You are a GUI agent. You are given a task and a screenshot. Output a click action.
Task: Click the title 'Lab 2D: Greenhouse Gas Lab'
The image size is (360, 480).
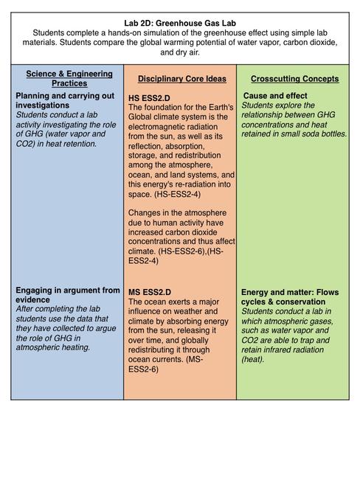180,24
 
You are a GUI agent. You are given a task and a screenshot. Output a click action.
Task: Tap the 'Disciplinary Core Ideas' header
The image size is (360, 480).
181,79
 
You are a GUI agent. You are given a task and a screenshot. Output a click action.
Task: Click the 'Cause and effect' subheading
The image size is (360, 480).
277,96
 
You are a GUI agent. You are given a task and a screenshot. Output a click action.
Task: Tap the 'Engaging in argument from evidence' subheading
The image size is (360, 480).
67,295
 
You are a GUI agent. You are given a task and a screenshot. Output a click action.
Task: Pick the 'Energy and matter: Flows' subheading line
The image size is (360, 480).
290,292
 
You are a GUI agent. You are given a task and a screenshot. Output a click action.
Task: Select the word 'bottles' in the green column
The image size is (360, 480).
330,134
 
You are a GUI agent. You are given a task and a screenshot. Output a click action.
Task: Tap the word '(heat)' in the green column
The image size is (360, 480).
257,359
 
